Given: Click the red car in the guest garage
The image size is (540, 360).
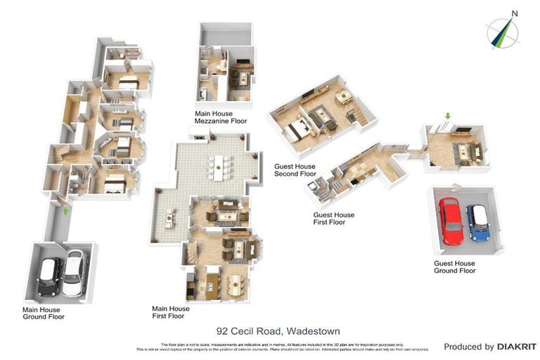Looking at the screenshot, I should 451,220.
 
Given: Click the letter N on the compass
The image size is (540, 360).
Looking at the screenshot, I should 514,13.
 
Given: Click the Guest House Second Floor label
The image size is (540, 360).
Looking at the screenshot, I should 295,170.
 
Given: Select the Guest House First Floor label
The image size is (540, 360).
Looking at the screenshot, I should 333,218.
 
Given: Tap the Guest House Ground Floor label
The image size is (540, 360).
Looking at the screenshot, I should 454,267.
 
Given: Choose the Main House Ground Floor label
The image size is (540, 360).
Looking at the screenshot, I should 43,313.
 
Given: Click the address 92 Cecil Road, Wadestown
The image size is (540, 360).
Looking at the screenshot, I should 269,330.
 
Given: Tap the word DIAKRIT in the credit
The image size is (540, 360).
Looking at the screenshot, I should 517,347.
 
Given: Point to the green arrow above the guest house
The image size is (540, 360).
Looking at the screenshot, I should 446,115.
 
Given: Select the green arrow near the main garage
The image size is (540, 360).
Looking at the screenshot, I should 65,210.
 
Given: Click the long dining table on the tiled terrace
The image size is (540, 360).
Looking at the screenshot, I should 219,165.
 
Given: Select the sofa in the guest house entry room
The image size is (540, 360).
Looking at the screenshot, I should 464,151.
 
